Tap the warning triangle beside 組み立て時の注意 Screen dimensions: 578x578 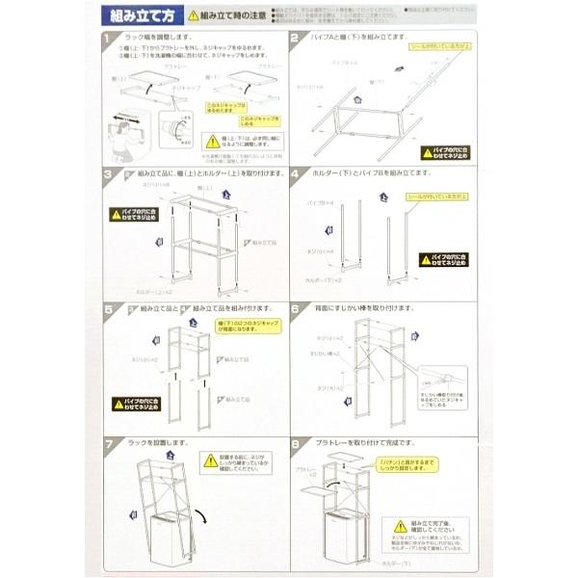tap(194, 15)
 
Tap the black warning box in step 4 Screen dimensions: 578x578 tap(444, 260)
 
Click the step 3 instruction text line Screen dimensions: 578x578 tap(193, 175)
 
